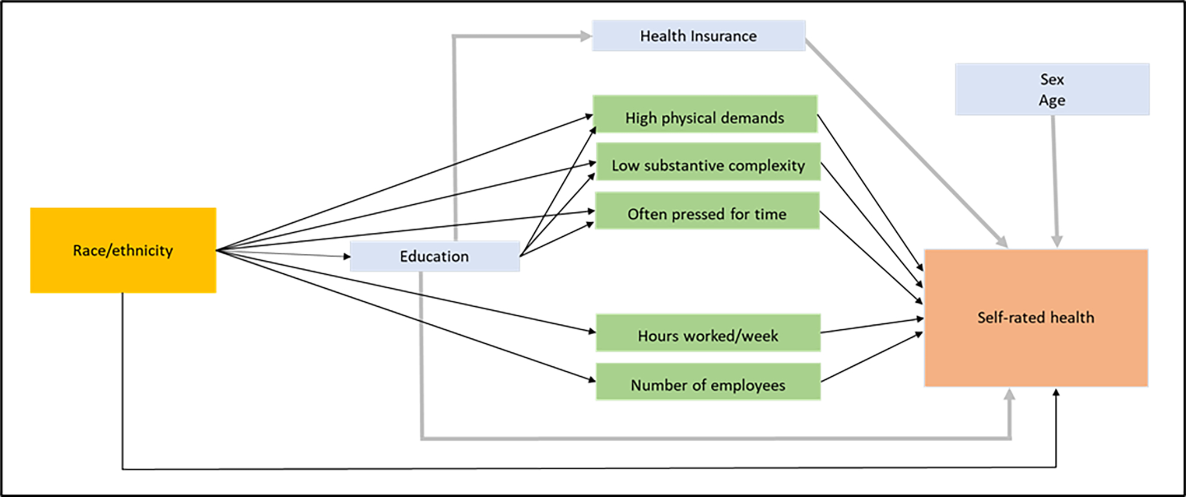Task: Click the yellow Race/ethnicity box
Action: click(123, 250)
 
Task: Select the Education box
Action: click(434, 257)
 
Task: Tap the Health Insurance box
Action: click(699, 36)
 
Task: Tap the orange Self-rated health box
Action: click(1036, 318)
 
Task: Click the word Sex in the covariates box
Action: click(1052, 79)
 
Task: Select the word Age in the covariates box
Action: click(1052, 100)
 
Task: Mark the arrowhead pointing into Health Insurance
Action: click(585, 36)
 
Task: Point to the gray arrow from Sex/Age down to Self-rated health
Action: click(1055, 181)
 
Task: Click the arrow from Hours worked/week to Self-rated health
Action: click(872, 325)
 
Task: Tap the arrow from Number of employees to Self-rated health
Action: click(872, 357)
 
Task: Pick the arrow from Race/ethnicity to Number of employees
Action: click(408, 316)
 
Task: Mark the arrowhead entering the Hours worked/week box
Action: click(591, 332)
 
